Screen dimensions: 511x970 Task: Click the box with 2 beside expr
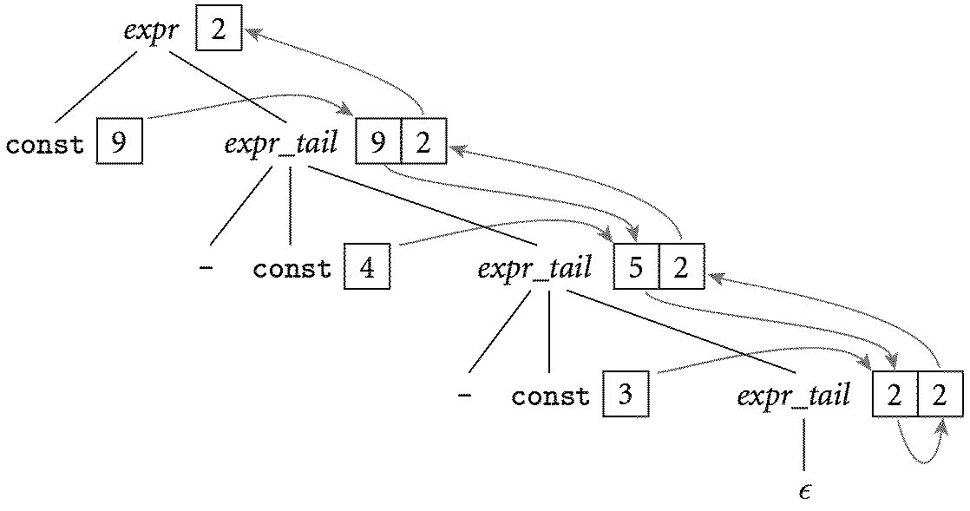219,29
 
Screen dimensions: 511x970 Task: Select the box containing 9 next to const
119,142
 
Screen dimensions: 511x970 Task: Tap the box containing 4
367,266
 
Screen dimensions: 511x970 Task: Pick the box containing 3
625,396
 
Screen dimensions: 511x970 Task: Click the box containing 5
636,266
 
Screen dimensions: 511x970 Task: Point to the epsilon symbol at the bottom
804,491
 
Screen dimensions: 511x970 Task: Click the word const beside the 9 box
45,144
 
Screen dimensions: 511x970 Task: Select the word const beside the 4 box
292,268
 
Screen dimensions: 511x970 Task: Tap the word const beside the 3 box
550,397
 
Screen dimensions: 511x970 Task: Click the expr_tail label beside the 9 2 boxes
280,143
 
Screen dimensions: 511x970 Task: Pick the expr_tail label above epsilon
793,396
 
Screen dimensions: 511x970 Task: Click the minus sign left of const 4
206,268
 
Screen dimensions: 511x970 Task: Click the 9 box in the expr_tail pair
378,142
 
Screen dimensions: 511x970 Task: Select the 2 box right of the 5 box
681,266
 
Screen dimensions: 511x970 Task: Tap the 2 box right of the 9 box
423,142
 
